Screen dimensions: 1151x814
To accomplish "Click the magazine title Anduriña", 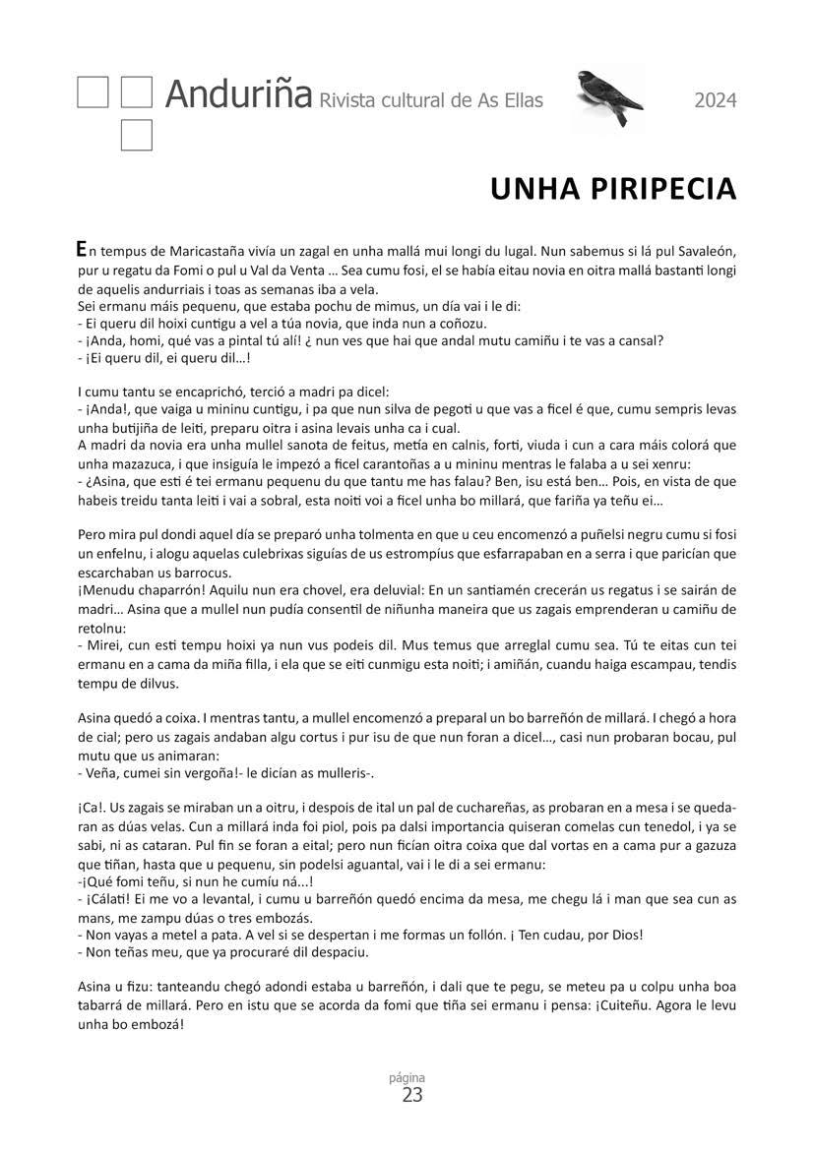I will tap(237, 94).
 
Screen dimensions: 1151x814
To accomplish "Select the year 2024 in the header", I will tap(715, 100).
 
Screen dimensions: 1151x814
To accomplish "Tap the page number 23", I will tap(412, 1095).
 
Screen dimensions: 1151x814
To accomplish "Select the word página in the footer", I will tap(412, 1077).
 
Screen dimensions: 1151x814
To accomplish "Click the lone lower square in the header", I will tap(136, 136).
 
